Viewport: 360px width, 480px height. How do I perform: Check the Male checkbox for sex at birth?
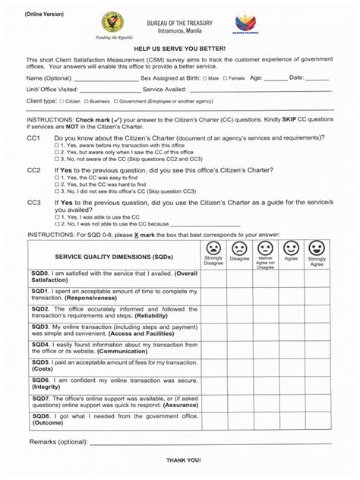click(204, 78)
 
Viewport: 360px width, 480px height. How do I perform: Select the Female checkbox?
click(227, 78)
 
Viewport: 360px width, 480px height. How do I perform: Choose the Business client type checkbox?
click(86, 100)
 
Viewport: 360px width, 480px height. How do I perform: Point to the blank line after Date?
click(317, 79)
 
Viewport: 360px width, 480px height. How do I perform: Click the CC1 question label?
click(34, 137)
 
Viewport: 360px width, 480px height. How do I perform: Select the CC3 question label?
click(34, 204)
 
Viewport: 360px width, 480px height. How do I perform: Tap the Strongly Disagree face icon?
click(213, 248)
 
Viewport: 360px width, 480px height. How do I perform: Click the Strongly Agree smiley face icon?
click(317, 248)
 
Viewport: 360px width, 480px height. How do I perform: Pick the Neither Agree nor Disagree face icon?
click(265, 248)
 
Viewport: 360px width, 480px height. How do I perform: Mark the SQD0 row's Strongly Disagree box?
click(213, 277)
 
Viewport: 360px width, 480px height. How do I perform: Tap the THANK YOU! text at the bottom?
click(183, 460)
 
